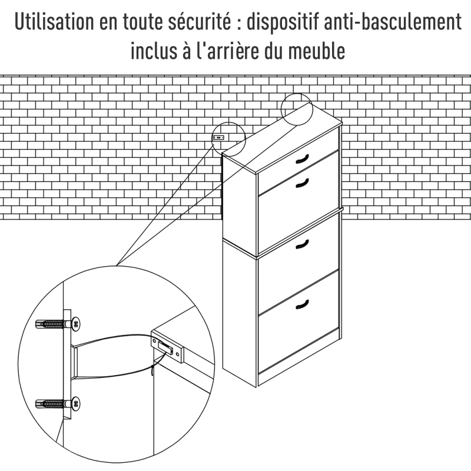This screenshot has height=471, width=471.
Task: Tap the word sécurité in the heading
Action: tap(198, 24)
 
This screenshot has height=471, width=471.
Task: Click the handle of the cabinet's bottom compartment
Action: tap(301, 304)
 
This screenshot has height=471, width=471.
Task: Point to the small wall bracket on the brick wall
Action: tap(220, 137)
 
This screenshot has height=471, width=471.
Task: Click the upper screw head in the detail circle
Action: tap(75, 323)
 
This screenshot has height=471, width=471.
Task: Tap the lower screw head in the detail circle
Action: tap(75, 403)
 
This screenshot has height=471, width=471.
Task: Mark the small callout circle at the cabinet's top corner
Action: tap(296, 108)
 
